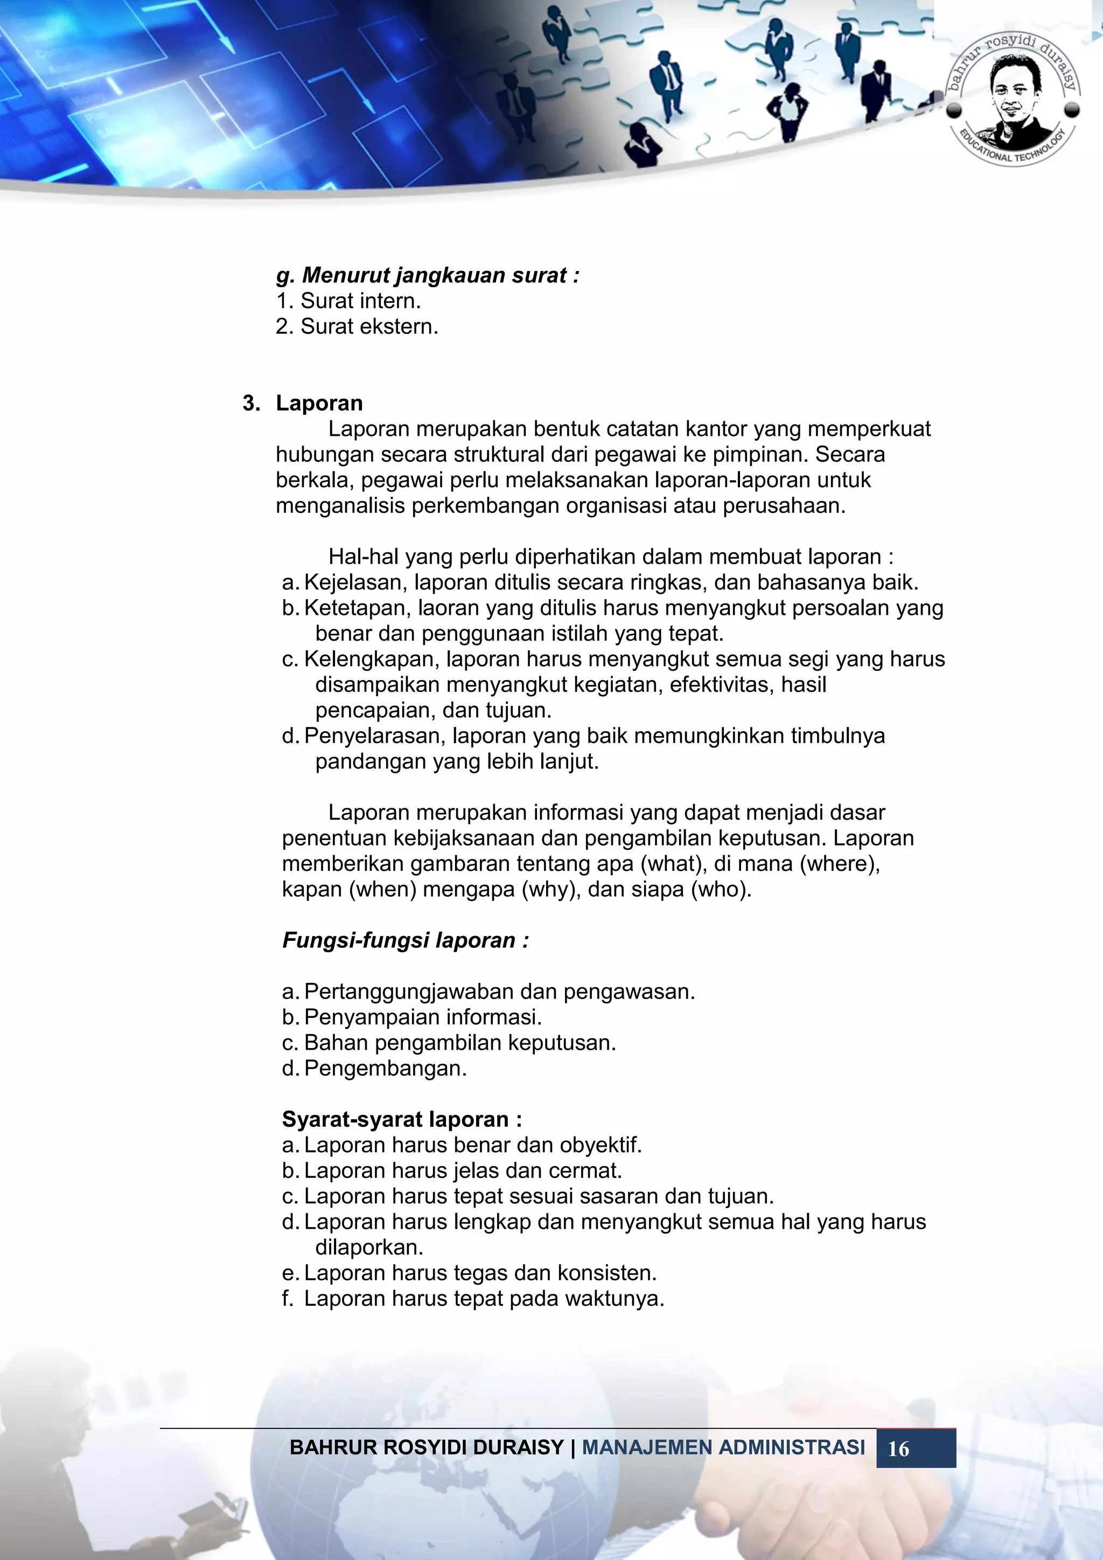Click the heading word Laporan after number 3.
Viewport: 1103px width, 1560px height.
[319, 403]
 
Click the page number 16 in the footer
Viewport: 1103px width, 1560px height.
[898, 1448]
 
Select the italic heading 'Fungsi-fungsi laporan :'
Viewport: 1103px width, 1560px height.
[406, 940]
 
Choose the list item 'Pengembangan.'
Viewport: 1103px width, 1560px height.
[385, 1068]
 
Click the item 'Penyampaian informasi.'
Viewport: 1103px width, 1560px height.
[422, 1017]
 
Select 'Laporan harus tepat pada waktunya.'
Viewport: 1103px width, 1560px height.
[484, 1299]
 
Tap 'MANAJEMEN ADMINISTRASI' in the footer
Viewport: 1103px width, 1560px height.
[723, 1447]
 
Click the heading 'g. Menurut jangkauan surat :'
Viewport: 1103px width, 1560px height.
[428, 275]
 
